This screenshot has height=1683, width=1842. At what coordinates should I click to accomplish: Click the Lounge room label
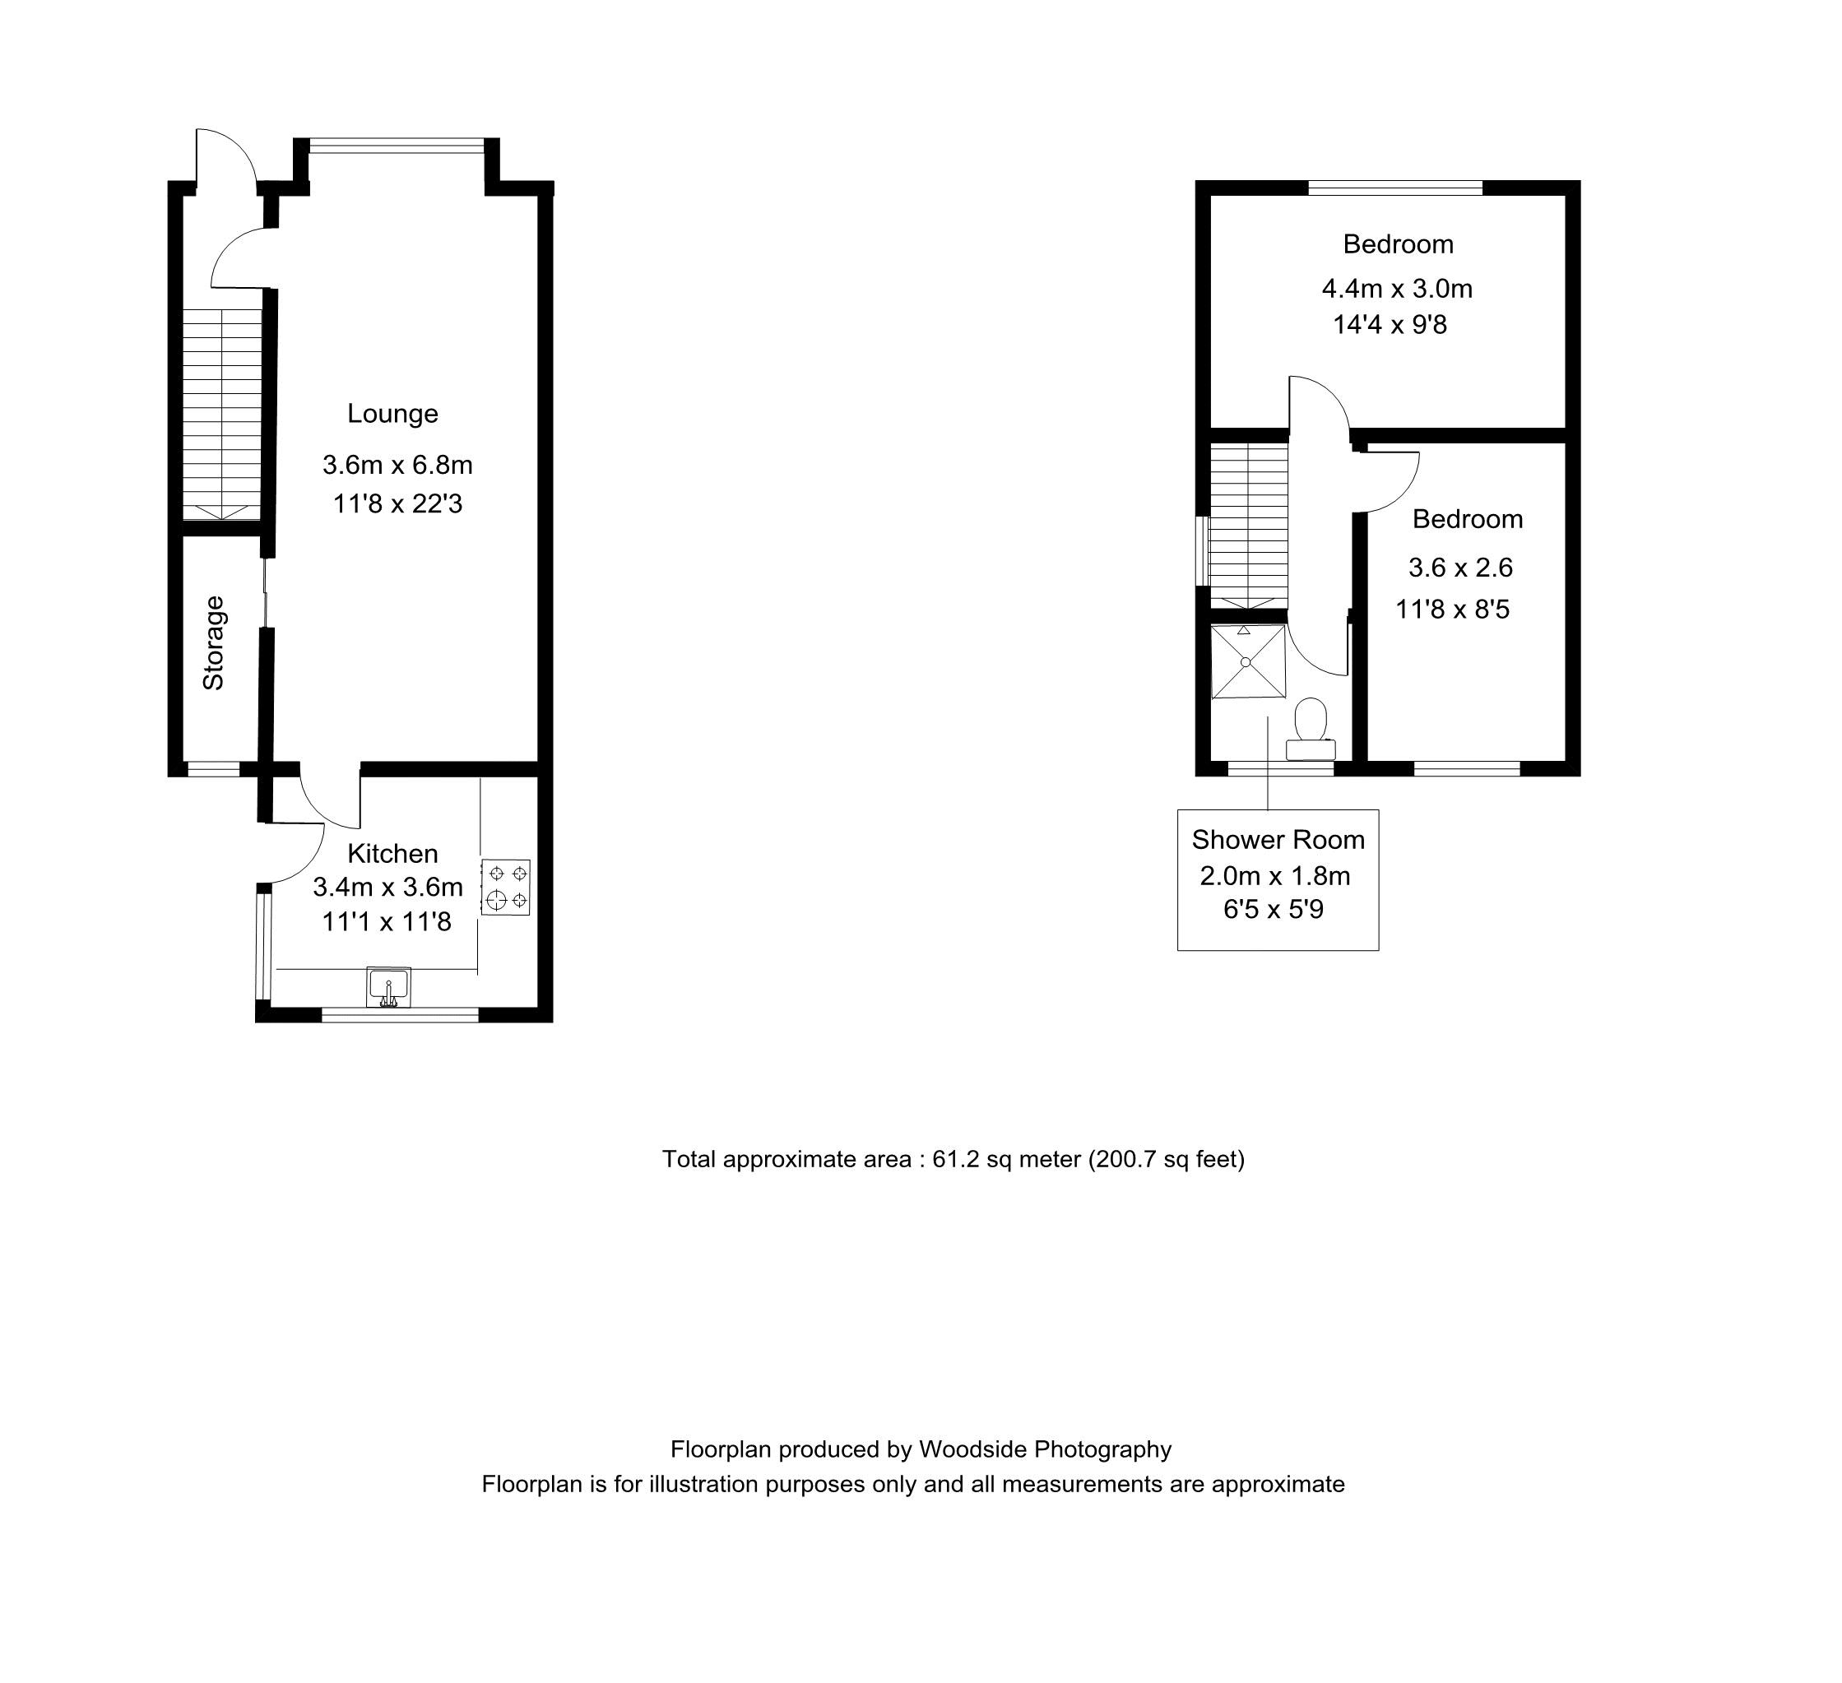tap(393, 414)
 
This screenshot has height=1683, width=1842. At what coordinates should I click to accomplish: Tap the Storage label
tap(214, 643)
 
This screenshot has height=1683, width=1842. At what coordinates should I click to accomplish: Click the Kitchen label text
tap(393, 853)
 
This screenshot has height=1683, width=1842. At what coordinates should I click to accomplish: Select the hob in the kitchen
tap(506, 888)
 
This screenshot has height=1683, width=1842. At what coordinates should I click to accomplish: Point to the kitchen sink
tap(388, 987)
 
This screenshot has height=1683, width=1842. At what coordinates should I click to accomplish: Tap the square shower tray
tap(1248, 661)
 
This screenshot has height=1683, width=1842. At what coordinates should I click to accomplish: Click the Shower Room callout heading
tap(1278, 840)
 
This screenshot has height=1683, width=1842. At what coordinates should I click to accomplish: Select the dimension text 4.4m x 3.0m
tap(1397, 289)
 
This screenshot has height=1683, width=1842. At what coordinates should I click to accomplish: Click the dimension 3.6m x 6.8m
tap(397, 465)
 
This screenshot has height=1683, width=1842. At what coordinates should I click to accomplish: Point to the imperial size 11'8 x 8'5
tap(1453, 610)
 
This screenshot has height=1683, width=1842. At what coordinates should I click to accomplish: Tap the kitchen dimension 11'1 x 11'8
tap(387, 922)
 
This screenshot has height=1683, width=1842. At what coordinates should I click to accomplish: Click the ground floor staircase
tap(222, 414)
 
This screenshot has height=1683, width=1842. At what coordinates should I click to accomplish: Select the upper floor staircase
tap(1249, 526)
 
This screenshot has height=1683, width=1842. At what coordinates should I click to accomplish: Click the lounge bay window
tap(397, 144)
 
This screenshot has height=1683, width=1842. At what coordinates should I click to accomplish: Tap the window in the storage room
tap(214, 769)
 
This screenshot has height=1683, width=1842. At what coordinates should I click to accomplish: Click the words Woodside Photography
tap(1046, 1450)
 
